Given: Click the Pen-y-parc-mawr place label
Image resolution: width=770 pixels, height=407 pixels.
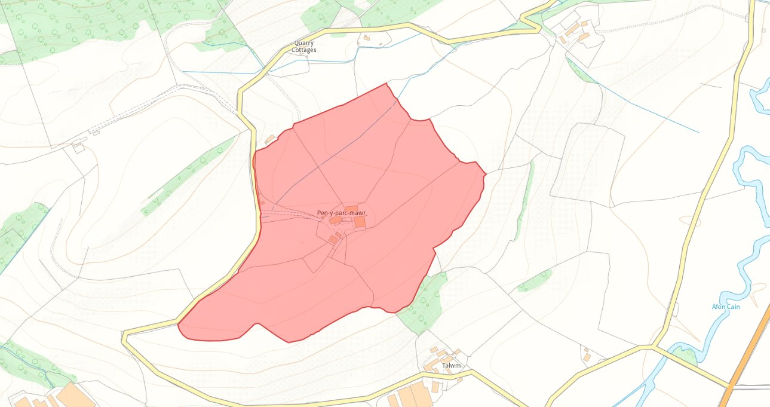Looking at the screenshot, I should coord(341,213).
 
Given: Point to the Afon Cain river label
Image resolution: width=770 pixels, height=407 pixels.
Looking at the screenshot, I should coord(726,307).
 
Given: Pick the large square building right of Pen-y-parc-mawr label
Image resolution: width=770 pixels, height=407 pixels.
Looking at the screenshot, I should coord(360,222).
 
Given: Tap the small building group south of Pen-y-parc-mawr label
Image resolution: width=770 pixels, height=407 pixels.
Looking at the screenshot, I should coord(333,239).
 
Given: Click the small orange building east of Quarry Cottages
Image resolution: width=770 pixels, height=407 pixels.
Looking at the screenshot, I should coord(367,38).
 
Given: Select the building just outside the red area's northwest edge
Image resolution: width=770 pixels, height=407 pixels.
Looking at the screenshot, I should coord(270,139).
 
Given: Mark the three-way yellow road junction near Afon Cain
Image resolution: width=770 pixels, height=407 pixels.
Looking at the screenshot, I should coord(654,346).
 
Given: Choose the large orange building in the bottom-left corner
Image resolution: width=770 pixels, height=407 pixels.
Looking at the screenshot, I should coord(75,396).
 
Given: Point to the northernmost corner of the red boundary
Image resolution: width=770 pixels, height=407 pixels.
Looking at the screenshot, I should coord(388,84).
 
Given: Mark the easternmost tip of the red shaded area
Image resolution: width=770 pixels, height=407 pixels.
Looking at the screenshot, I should coord(485,174).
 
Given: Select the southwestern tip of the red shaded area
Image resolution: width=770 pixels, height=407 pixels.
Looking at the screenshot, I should coord(179,326).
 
